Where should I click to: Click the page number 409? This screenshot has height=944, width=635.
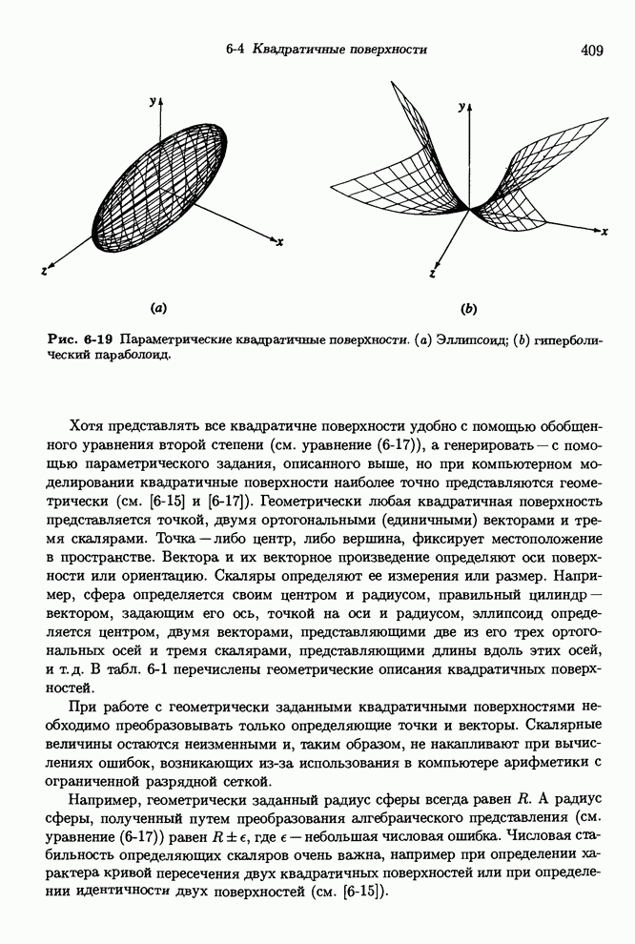click(x=591, y=51)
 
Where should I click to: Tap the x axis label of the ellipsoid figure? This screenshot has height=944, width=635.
click(x=279, y=243)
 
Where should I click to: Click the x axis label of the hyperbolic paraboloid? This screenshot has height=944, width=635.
click(x=604, y=232)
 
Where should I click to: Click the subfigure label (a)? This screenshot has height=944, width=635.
click(x=158, y=308)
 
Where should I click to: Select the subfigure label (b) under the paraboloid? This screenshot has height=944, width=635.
click(x=468, y=308)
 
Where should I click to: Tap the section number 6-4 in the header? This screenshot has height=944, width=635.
click(x=237, y=50)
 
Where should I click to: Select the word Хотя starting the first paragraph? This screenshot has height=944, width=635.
click(x=89, y=425)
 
